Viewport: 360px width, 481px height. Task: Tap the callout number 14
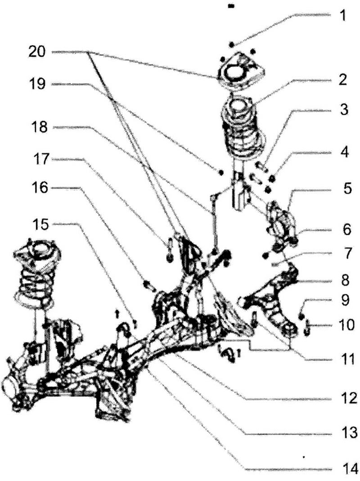(349, 469)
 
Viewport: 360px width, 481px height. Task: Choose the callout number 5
(347, 189)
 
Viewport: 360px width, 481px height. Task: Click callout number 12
(349, 398)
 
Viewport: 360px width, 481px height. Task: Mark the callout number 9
(345, 300)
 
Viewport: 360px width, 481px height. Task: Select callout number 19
(37, 83)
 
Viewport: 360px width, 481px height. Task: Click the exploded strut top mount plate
(240, 72)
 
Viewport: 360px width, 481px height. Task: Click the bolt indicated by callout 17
(169, 252)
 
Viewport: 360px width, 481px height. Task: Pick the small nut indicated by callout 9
(301, 316)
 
